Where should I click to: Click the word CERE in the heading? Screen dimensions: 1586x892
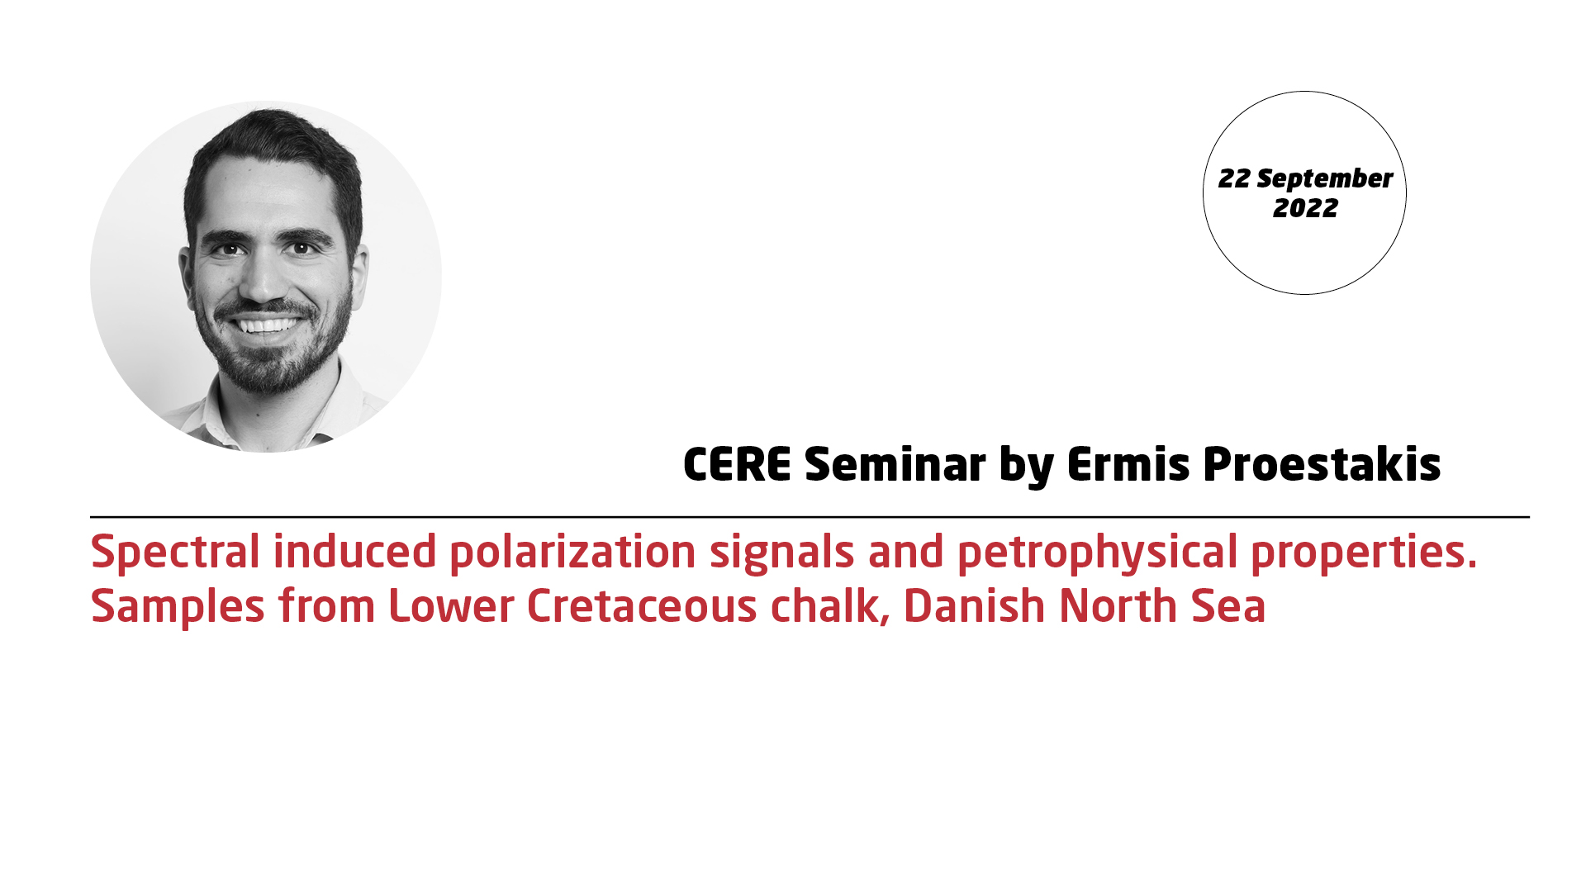click(x=737, y=464)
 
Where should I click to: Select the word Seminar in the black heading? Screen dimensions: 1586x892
click(x=895, y=464)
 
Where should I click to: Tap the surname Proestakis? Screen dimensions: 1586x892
click(x=1322, y=464)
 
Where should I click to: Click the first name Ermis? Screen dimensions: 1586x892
click(x=1128, y=464)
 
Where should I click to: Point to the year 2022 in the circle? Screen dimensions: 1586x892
click(x=1305, y=208)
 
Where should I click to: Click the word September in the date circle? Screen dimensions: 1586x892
click(x=1324, y=179)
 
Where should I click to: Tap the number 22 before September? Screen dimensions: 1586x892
click(x=1234, y=178)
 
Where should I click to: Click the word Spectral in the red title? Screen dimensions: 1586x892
click(x=175, y=552)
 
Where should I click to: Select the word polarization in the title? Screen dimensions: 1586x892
click(x=572, y=553)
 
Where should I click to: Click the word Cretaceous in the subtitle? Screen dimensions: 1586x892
click(x=642, y=607)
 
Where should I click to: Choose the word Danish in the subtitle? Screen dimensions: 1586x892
click(x=975, y=606)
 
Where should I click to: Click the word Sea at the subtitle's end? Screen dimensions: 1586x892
click(x=1228, y=607)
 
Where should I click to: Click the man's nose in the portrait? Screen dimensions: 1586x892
click(x=264, y=281)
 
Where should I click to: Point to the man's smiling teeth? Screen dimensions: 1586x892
click(x=266, y=325)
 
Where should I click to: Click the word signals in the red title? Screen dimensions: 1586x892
click(x=781, y=553)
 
